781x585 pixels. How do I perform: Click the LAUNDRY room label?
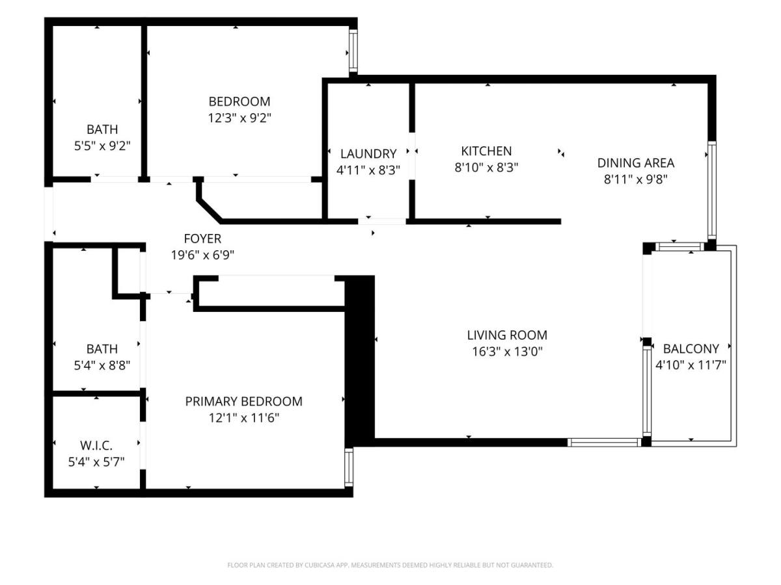click(x=368, y=154)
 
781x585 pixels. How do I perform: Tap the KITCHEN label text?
click(x=486, y=151)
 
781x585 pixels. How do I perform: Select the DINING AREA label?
click(x=635, y=163)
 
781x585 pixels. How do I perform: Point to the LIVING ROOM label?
click(x=507, y=335)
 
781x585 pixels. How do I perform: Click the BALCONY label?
click(x=691, y=349)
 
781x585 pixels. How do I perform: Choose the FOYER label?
click(x=202, y=239)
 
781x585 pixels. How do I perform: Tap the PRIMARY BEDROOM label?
click(x=243, y=401)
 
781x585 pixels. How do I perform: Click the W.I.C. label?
click(x=96, y=445)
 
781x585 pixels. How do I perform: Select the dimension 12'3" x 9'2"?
click(x=240, y=118)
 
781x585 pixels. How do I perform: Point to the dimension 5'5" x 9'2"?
click(x=102, y=146)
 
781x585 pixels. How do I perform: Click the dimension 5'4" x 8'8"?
click(x=102, y=365)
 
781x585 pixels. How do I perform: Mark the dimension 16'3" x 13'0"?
click(x=507, y=351)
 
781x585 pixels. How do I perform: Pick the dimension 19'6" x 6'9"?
click(x=202, y=255)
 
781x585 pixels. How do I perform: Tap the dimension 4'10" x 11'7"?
click(x=691, y=365)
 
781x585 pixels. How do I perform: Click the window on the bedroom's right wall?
click(x=353, y=51)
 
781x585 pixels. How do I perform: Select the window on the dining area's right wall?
click(x=711, y=190)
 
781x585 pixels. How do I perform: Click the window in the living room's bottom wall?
click(x=604, y=442)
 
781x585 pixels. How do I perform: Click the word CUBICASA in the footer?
click(x=318, y=565)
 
